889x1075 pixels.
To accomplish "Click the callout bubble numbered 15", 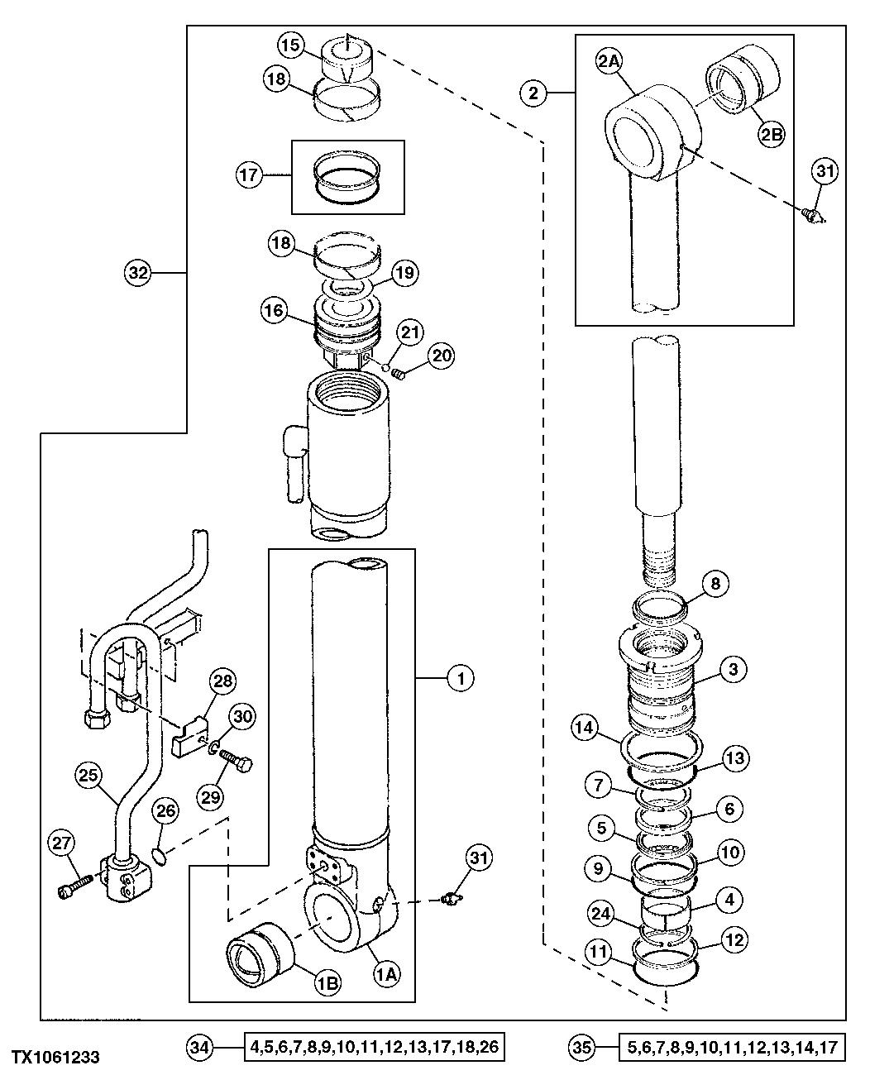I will [291, 45].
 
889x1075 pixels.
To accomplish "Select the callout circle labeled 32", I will [140, 273].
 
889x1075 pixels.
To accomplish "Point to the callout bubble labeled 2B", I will [771, 136].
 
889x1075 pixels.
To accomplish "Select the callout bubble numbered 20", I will [442, 356].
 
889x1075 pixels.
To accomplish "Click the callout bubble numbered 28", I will [223, 683].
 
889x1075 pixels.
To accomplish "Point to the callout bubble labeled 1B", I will [327, 982].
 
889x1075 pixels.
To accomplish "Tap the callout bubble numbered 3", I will [733, 667].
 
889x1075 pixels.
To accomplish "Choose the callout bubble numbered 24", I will [601, 914].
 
